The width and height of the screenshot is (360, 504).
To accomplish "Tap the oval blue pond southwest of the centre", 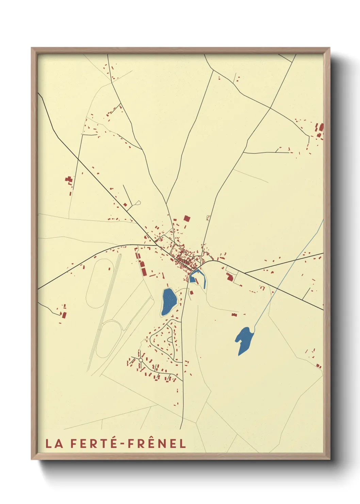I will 169,301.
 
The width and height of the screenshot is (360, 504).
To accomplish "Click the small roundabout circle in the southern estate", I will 141,360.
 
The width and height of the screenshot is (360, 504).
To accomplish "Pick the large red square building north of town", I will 186,218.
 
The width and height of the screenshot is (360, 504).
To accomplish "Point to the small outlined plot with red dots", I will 208,217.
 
